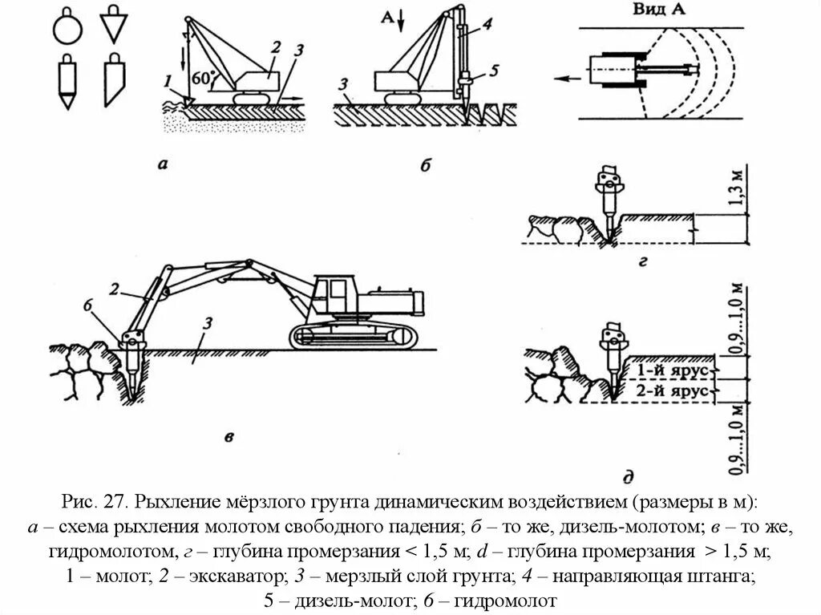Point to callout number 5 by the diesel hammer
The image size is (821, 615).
tap(494, 71)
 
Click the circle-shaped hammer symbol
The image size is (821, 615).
tap(67, 30)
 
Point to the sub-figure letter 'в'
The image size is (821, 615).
tap(229, 437)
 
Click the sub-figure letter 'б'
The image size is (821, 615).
tap(426, 166)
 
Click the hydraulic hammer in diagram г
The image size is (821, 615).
tap(609, 192)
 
